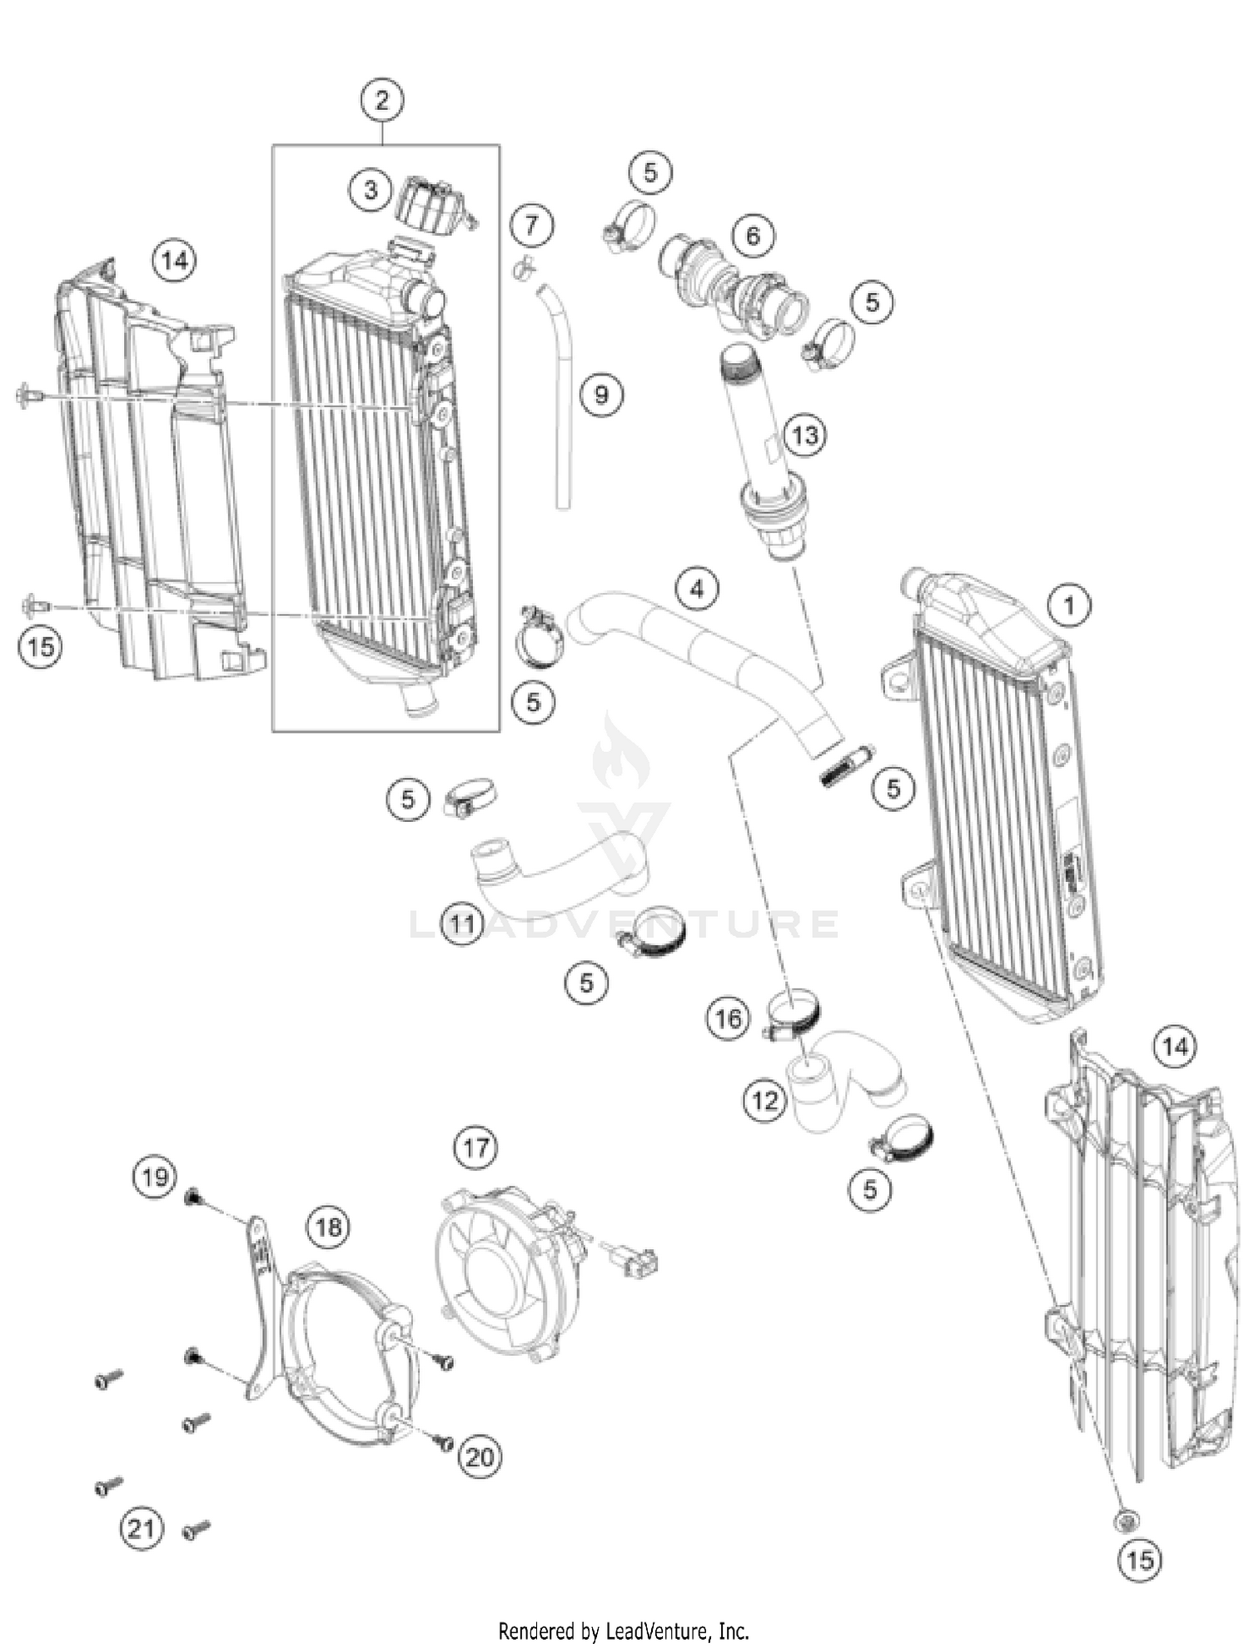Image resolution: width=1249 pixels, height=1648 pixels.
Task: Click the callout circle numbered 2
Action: click(x=382, y=101)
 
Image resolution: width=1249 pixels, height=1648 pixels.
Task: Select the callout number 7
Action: click(x=531, y=224)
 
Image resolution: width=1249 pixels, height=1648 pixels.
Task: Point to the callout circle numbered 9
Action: click(x=601, y=393)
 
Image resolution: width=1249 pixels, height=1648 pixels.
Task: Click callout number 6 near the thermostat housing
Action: click(x=753, y=236)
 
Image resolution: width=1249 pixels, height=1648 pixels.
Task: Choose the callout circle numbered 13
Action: click(x=805, y=435)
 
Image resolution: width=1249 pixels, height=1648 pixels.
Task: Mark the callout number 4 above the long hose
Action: click(x=697, y=589)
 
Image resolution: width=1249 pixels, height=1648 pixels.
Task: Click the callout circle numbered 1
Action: click(x=1070, y=605)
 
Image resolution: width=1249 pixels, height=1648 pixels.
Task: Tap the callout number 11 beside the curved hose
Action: click(x=462, y=923)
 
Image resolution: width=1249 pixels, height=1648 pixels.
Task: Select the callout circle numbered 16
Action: click(x=728, y=1018)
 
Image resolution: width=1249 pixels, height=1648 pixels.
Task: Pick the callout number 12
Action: click(x=764, y=1101)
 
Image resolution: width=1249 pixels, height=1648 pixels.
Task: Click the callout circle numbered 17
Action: click(x=475, y=1148)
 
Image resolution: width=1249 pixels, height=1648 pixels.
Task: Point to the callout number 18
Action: click(x=329, y=1227)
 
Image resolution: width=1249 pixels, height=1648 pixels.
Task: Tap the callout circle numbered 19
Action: click(x=155, y=1177)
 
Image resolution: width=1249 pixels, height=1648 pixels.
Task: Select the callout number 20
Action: click(x=480, y=1456)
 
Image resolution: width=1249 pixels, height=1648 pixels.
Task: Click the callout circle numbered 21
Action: click(x=141, y=1529)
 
